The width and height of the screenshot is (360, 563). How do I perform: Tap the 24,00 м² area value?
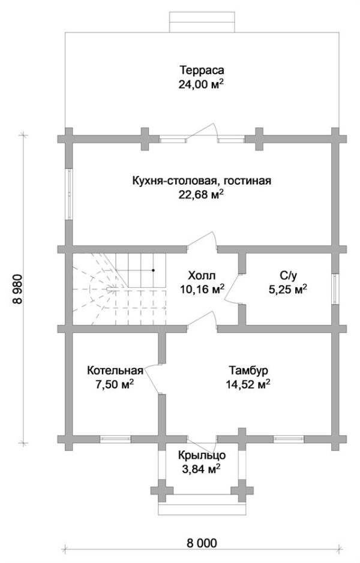tap(201, 85)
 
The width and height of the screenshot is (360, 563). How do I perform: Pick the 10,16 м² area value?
tap(201, 289)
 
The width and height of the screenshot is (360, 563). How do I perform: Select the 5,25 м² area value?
tap(289, 289)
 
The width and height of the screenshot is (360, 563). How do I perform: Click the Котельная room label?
tap(114, 369)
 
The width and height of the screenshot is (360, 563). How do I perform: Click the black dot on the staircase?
tap(154, 270)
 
